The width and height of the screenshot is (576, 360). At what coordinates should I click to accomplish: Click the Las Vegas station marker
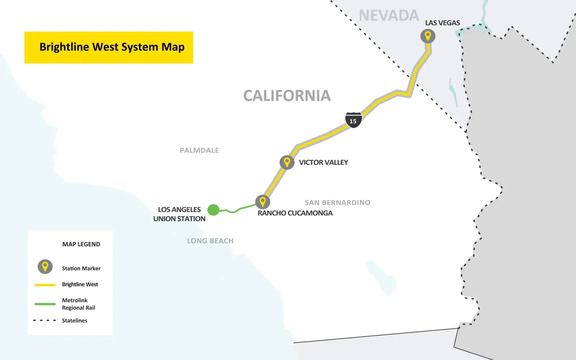tap(428, 36)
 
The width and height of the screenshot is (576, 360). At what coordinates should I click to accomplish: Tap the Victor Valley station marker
tap(287, 162)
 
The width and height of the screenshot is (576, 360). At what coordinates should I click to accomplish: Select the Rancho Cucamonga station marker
tap(263, 202)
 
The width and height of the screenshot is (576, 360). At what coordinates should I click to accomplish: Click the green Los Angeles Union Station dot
tap(213, 210)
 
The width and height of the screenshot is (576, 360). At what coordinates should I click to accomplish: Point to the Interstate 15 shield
tap(353, 120)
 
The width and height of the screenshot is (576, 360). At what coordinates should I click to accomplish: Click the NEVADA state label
tap(389, 15)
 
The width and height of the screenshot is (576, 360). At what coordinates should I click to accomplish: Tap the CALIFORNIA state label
tap(287, 96)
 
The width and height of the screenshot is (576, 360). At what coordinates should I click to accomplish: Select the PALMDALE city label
tap(199, 150)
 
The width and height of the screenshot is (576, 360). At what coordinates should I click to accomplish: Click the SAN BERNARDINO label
tap(337, 203)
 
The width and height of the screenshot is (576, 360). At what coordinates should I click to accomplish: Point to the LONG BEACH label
tap(210, 241)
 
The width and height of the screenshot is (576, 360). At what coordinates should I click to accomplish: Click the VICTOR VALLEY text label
tap(323, 162)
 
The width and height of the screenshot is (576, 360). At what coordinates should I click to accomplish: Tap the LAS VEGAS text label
tap(442, 23)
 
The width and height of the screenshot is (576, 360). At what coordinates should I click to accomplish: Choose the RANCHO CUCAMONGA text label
tap(295, 213)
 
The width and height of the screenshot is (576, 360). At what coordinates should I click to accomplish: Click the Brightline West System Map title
tap(112, 47)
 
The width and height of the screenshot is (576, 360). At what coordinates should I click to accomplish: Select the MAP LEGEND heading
tap(81, 244)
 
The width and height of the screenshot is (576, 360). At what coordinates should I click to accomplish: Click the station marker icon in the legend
tap(45, 267)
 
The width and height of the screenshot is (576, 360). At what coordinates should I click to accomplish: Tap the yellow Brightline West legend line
tap(45, 285)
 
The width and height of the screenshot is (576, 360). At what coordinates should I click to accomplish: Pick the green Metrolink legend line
tap(45, 304)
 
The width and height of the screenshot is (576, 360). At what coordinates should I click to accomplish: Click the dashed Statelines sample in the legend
tap(45, 320)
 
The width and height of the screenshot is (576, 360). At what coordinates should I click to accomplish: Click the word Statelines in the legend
tap(75, 320)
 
